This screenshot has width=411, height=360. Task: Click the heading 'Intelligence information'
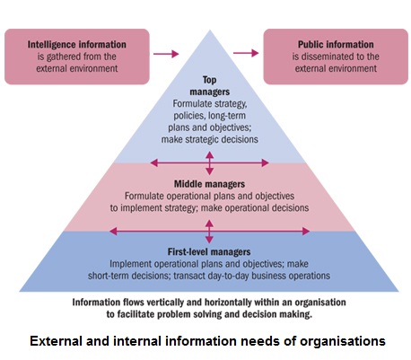point(77,45)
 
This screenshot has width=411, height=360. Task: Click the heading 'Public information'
point(336,45)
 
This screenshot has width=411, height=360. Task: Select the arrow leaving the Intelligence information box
point(166,54)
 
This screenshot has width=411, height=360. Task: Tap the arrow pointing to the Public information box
point(246,53)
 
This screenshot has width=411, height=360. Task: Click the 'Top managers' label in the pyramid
point(209,85)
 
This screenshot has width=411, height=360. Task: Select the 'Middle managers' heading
point(209,184)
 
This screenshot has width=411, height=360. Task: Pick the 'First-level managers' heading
point(209,251)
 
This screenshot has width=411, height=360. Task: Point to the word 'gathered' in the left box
point(64,57)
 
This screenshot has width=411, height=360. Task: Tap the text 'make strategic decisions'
point(210,139)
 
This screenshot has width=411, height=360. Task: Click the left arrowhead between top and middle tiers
point(154,162)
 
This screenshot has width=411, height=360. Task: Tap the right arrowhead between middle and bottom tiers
point(306,231)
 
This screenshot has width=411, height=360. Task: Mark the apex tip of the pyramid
point(210,30)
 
